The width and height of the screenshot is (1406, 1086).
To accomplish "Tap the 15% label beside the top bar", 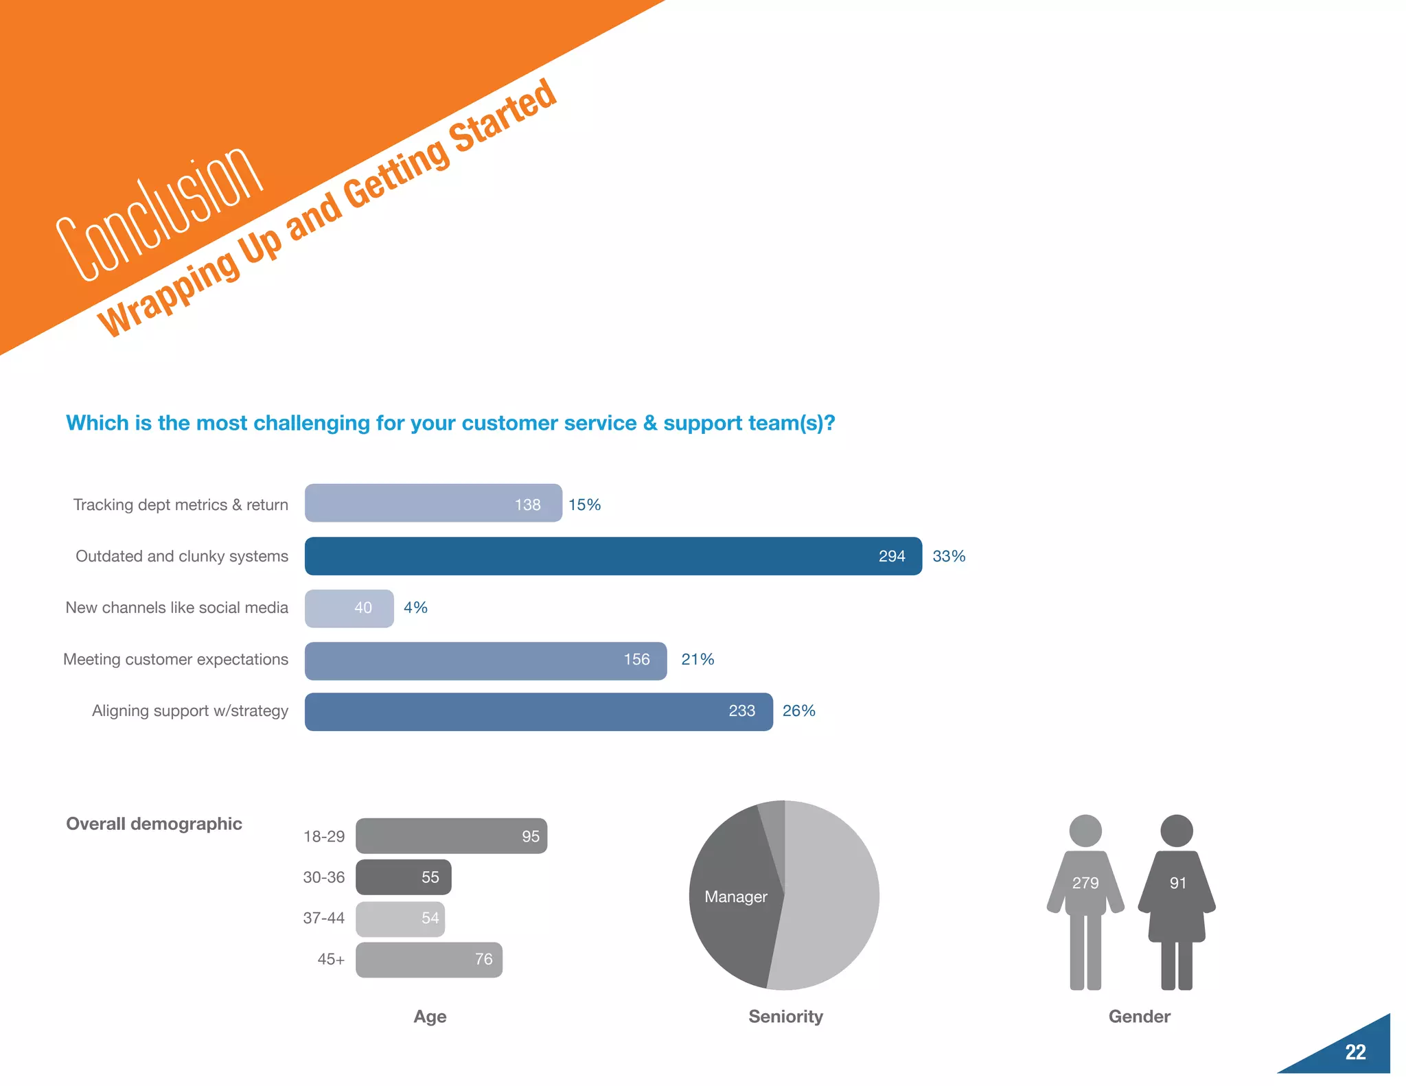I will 584,505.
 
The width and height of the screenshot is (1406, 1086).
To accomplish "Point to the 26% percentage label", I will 798,710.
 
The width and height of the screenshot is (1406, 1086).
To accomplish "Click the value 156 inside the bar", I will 636,660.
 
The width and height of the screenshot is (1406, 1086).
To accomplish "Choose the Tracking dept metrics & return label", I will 181,505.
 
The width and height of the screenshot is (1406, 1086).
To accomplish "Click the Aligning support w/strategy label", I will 190,710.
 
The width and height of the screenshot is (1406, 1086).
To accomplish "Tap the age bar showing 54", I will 400,919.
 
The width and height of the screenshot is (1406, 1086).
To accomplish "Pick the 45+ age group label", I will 331,959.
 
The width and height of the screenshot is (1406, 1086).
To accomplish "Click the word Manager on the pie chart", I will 735,897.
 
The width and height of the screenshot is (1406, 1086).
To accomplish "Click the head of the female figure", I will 1177,831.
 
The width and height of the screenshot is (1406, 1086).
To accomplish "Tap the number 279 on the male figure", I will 1085,883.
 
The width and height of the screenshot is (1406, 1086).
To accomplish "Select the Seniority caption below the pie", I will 785,1017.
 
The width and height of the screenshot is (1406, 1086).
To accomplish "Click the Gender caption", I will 1139,1017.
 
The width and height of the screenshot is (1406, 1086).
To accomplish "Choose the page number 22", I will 1355,1052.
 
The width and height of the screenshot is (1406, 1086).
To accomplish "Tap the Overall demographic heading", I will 154,824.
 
